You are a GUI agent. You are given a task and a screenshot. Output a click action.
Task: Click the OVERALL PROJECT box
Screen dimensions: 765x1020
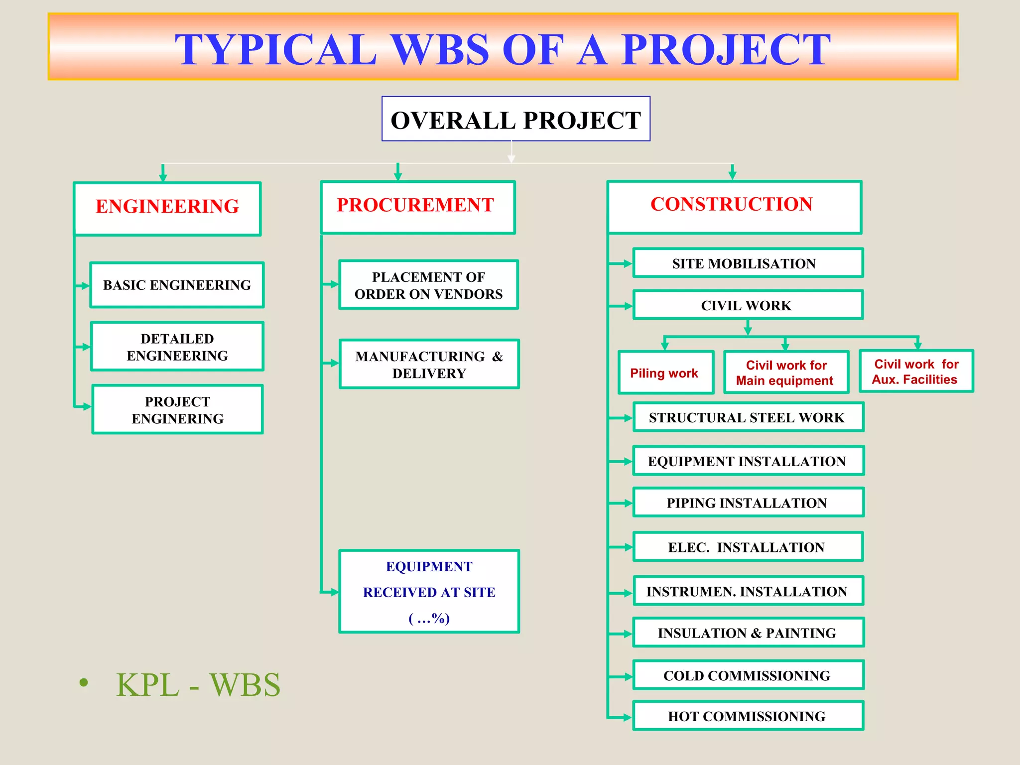point(515,119)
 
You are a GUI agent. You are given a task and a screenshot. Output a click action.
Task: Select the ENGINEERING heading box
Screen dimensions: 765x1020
point(167,208)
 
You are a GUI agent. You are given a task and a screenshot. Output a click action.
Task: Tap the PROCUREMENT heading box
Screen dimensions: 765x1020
point(417,207)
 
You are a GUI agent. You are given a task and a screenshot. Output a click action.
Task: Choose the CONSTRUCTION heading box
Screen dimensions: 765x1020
point(734,207)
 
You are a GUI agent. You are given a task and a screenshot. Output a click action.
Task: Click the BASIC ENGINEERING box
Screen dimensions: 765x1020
point(177,285)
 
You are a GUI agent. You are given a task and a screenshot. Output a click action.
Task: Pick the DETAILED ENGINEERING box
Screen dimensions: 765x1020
point(177,347)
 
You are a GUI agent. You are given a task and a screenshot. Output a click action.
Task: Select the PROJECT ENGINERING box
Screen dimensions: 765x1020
point(177,409)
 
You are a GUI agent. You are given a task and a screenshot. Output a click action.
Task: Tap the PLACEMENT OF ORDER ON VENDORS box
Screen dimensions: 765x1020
point(428,285)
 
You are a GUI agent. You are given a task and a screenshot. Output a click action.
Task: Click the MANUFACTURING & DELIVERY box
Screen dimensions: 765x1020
point(429,364)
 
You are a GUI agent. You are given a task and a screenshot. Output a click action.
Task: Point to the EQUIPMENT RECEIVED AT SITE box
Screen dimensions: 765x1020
point(429,592)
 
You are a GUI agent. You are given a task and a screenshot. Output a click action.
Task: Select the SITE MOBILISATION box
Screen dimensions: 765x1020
point(748,263)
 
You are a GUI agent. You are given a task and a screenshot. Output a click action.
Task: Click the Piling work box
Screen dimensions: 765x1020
point(665,373)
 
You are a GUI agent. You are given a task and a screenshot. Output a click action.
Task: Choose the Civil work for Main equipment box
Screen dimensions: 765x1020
point(786,373)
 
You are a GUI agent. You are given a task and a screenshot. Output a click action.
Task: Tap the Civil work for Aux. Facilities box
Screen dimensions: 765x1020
point(916,372)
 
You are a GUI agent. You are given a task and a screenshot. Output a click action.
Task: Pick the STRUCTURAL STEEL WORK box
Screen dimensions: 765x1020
point(748,417)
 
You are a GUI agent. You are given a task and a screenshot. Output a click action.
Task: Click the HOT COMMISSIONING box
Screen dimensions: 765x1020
point(748,716)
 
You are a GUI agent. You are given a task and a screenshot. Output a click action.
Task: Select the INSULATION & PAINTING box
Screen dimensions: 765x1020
point(748,633)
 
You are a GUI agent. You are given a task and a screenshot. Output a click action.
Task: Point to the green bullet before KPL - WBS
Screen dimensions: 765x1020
point(84,682)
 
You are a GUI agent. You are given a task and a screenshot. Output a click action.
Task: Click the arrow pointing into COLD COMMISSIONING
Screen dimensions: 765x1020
point(622,676)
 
